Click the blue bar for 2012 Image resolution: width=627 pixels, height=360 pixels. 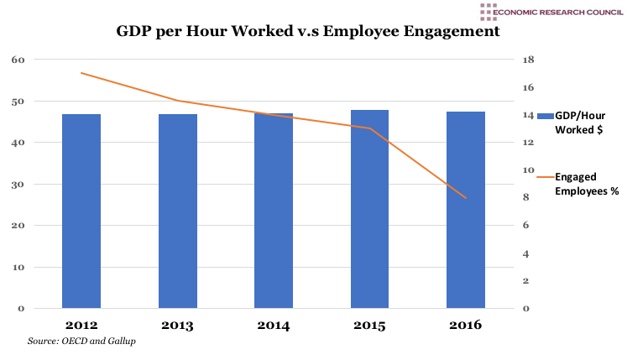tap(81, 211)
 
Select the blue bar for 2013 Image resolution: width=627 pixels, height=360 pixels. tap(177, 211)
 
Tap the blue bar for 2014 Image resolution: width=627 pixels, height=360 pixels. tap(273, 211)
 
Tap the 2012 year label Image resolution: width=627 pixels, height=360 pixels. tap(81, 325)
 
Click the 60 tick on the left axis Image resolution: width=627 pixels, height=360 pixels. tap(19, 60)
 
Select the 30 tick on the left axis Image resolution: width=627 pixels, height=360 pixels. tap(19, 185)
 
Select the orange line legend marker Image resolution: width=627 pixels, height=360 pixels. tap(544, 178)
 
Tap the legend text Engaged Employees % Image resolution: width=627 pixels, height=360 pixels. tap(587, 185)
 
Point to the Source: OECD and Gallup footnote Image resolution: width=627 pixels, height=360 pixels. tap(81, 341)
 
